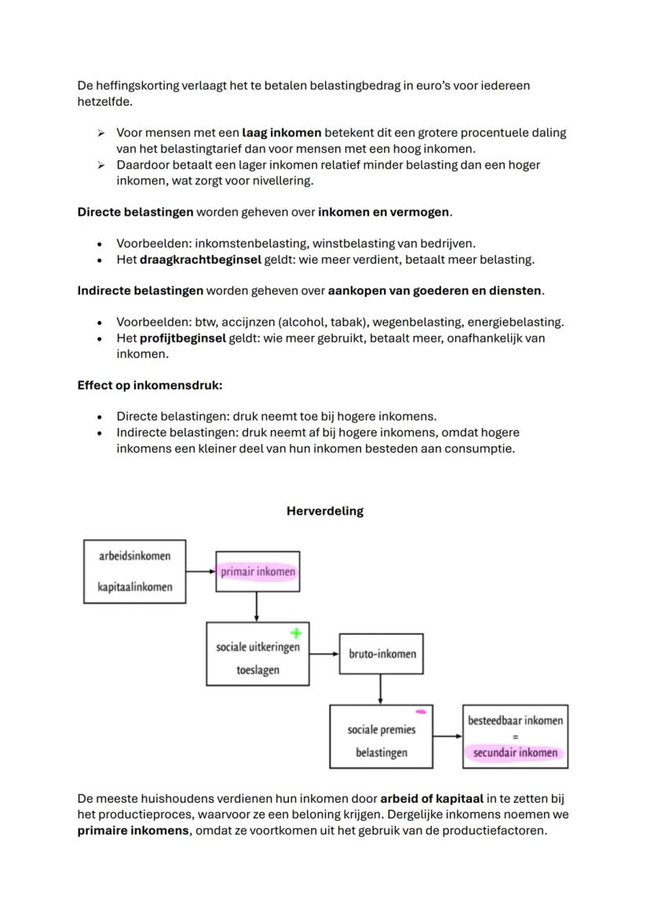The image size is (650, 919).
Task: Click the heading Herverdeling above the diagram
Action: tap(325, 511)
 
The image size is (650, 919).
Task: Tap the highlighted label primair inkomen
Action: tap(257, 572)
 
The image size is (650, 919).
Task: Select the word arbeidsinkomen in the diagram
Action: tap(134, 556)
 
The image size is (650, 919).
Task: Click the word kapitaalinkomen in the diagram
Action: tap(135, 587)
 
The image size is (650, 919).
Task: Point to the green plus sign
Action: tap(296, 633)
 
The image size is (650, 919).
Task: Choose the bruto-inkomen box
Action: tap(382, 654)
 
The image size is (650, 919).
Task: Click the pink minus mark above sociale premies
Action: tap(421, 712)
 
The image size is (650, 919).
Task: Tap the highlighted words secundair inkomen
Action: tap(515, 753)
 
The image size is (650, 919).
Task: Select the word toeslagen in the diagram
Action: tap(257, 670)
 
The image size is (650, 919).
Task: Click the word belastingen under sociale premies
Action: tap(382, 753)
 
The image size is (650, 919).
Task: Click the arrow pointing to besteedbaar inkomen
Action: tap(447, 736)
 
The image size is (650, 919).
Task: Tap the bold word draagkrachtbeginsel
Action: tap(200, 259)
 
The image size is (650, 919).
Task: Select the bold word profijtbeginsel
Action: tap(183, 338)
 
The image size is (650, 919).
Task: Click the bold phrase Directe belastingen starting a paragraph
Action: tap(135, 212)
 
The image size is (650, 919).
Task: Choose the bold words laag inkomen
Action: tap(281, 133)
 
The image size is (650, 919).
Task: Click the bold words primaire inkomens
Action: tap(133, 830)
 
